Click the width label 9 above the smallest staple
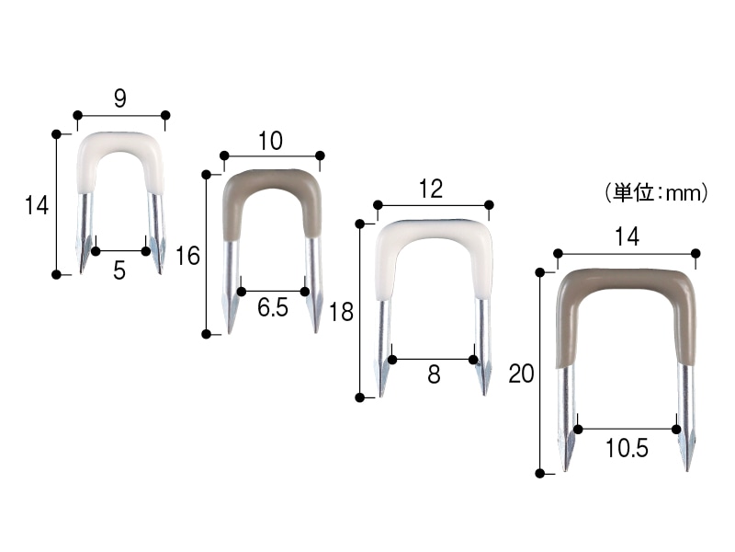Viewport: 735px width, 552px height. [x=120, y=98]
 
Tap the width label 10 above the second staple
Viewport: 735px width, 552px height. [x=270, y=141]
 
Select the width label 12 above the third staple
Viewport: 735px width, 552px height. [x=431, y=189]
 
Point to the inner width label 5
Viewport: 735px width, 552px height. [x=119, y=270]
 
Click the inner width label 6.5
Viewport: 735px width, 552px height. [x=273, y=308]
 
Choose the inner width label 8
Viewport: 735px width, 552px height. [x=434, y=374]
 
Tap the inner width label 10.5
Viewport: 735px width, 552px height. [x=627, y=448]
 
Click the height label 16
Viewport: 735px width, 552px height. [x=187, y=257]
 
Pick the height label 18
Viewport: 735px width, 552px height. [x=341, y=312]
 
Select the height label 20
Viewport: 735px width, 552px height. [x=521, y=374]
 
